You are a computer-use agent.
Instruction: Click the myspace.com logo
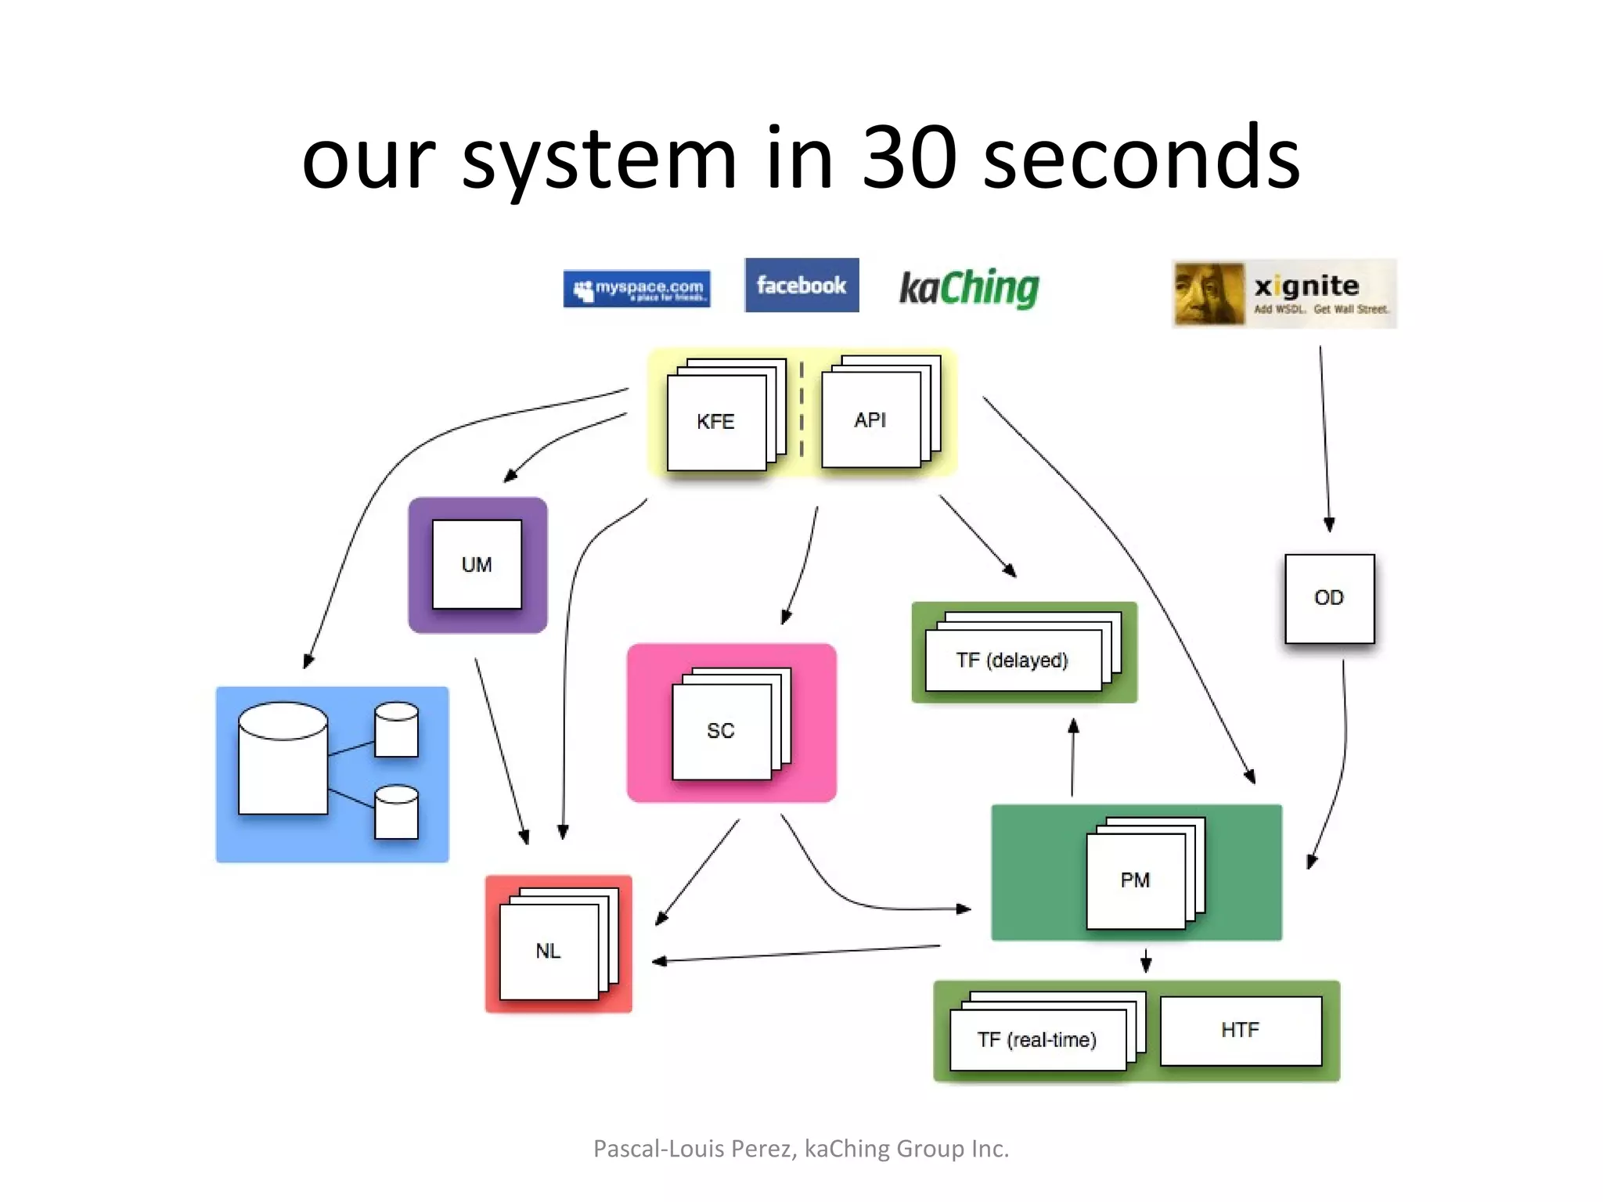(x=636, y=289)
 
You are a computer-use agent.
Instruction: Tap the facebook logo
(x=801, y=286)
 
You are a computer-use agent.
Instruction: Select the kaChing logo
(x=969, y=288)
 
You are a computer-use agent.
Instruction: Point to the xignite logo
(x=1284, y=293)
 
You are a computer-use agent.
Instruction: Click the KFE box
(x=716, y=423)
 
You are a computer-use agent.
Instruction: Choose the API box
(x=870, y=420)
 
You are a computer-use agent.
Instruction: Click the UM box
(x=477, y=564)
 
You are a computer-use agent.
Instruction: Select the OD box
(x=1329, y=599)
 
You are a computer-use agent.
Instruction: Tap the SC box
(x=721, y=731)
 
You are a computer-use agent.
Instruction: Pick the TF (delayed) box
(x=1012, y=660)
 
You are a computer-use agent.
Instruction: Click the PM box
(x=1135, y=880)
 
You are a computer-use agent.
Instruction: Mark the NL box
(x=548, y=952)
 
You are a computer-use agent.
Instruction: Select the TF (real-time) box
(x=1037, y=1040)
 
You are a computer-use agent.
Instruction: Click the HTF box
(x=1241, y=1031)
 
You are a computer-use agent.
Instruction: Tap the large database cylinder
(x=283, y=759)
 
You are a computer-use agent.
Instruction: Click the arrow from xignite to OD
(x=1324, y=438)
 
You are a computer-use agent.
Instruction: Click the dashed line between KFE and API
(x=801, y=408)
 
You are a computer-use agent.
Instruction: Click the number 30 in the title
(x=909, y=158)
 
